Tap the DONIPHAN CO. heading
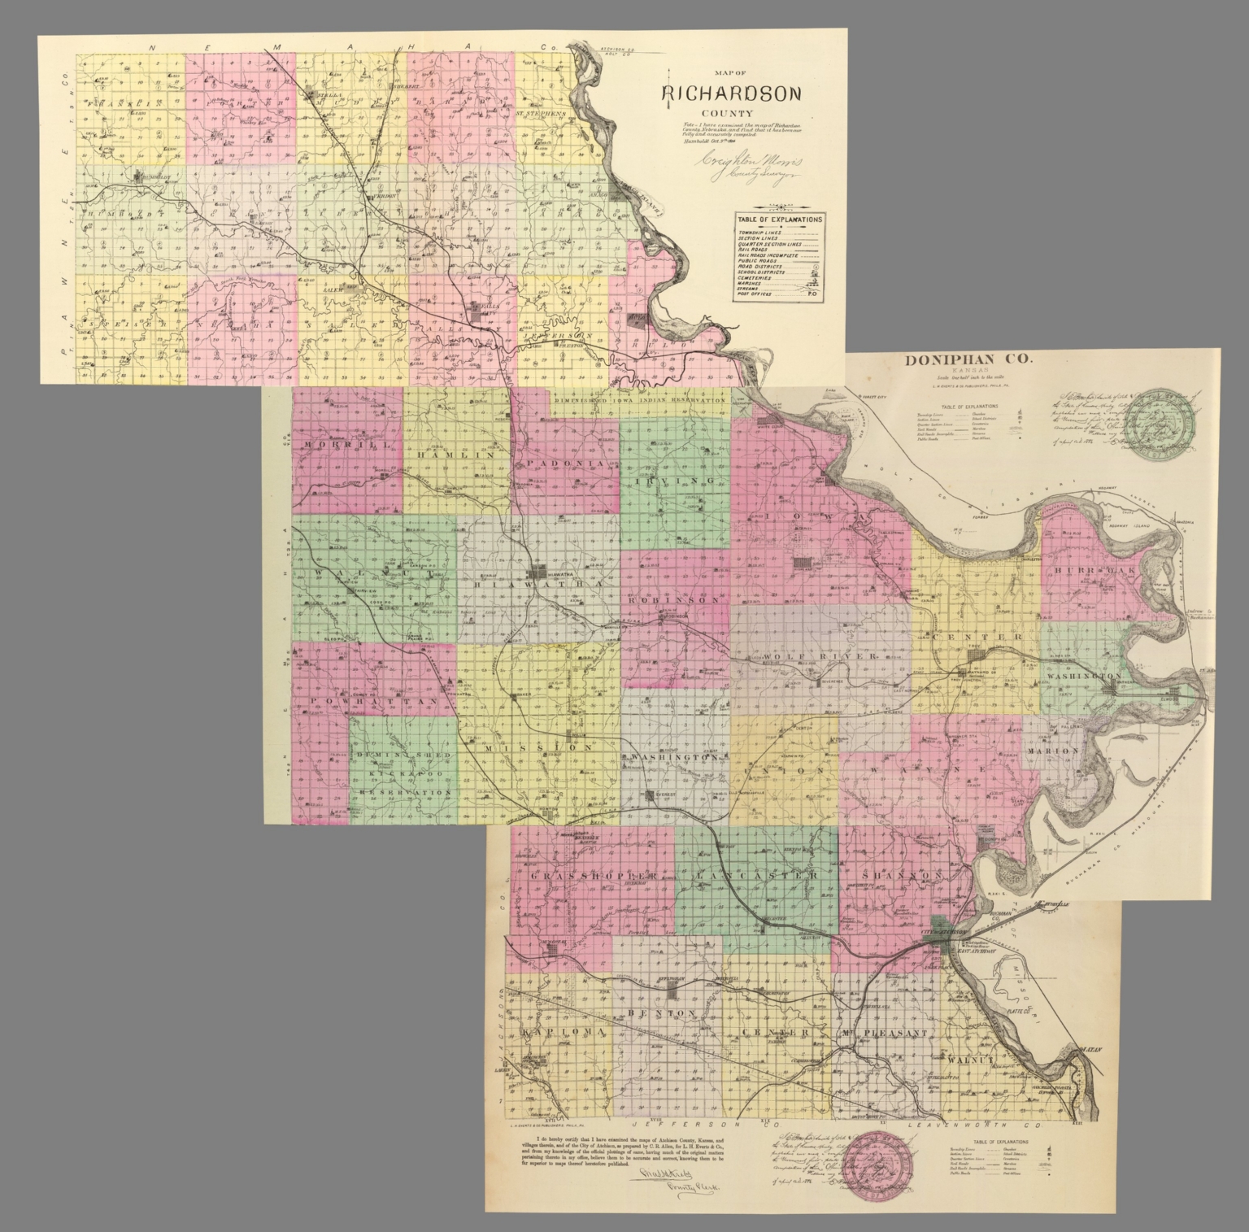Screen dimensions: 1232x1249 pyautogui.click(x=970, y=360)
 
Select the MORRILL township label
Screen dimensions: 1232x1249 pyautogui.click(x=333, y=445)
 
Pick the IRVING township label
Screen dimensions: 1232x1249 pyautogui.click(x=674, y=481)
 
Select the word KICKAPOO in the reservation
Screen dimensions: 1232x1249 pyautogui.click(x=404, y=773)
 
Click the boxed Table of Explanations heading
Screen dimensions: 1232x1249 pyautogui.click(x=780, y=219)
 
